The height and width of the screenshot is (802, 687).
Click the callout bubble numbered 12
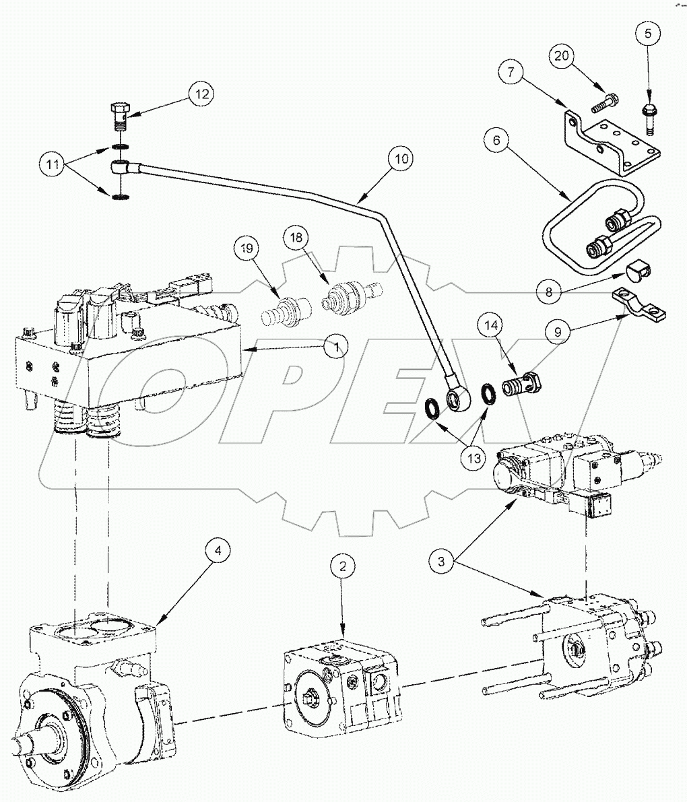click(x=200, y=94)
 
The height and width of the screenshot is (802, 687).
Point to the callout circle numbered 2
click(x=343, y=566)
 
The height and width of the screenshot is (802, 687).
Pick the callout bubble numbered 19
click(x=247, y=248)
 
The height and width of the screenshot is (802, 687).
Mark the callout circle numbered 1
click(x=334, y=347)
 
